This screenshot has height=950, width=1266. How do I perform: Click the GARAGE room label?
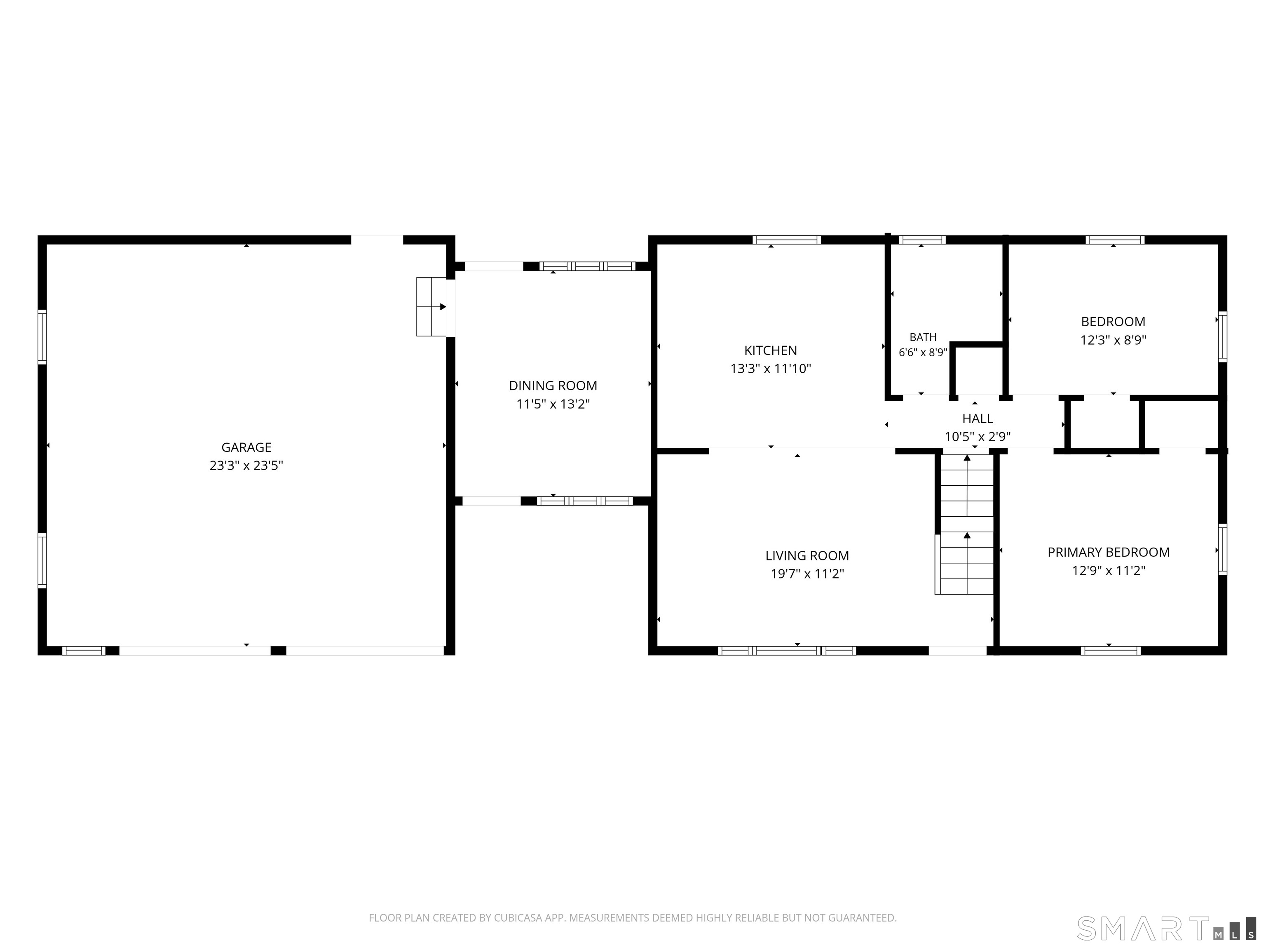[246, 447]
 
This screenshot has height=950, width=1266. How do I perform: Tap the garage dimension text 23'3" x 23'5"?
[246, 466]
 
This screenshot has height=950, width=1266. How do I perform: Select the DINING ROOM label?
[553, 386]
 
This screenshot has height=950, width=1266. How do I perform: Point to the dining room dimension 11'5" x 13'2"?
[553, 404]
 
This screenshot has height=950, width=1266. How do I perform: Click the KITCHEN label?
[770, 350]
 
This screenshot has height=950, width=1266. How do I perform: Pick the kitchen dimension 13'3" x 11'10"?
[770, 369]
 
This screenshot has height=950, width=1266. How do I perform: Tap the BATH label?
[923, 337]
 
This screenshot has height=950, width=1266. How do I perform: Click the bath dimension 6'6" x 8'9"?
[923, 353]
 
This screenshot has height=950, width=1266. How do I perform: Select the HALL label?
[978, 419]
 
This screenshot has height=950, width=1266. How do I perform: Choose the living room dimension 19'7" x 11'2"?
[807, 574]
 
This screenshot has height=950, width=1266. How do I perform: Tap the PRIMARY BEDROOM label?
[1109, 552]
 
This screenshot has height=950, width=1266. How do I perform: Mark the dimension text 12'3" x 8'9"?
[1113, 340]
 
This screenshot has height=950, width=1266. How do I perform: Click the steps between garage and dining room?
[431, 306]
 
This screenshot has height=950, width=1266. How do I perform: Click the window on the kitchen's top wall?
[786, 240]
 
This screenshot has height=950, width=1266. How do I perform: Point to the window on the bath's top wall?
[921, 240]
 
